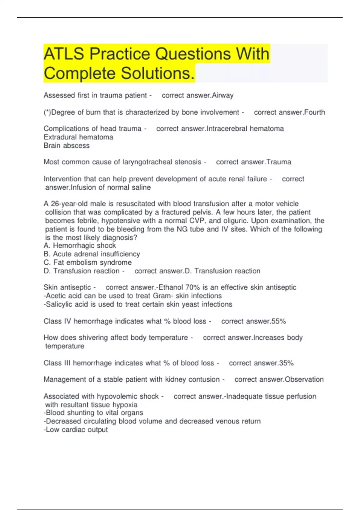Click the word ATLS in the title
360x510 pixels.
pyautogui.click(x=64, y=54)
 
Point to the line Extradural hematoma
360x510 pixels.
pyautogui.click(x=78, y=137)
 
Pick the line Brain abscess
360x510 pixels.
pyautogui.click(x=67, y=145)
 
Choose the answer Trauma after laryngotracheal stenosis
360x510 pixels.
pyautogui.click(x=279, y=162)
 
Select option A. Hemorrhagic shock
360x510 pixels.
pyautogui.click(x=80, y=245)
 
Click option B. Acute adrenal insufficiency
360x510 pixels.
pyautogui.click(x=92, y=254)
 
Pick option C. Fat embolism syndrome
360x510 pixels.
pyautogui.click(x=88, y=262)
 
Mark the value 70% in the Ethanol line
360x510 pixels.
pyautogui.click(x=193, y=287)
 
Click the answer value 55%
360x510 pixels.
pyautogui.click(x=278, y=321)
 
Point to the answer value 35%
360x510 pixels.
pyautogui.click(x=286, y=363)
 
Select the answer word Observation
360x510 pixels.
pyautogui.click(x=304, y=379)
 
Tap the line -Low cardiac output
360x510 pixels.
pyautogui.click(x=76, y=430)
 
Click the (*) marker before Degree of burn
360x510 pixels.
pyautogui.click(x=47, y=112)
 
